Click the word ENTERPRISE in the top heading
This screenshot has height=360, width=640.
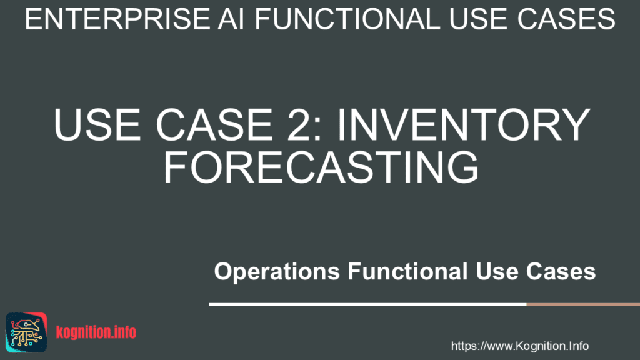117,19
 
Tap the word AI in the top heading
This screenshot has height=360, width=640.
231,19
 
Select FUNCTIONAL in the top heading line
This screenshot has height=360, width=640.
347,19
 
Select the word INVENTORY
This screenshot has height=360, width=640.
463,124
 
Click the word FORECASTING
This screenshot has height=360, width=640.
321,167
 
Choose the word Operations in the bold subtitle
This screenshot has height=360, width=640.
277,272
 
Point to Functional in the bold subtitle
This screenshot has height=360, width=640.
407,271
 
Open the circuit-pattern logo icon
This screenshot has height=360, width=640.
26,332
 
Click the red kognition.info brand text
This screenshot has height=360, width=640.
96,332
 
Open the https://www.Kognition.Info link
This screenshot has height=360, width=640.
519,346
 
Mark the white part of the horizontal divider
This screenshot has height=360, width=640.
367,304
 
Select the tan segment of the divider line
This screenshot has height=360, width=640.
583,304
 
